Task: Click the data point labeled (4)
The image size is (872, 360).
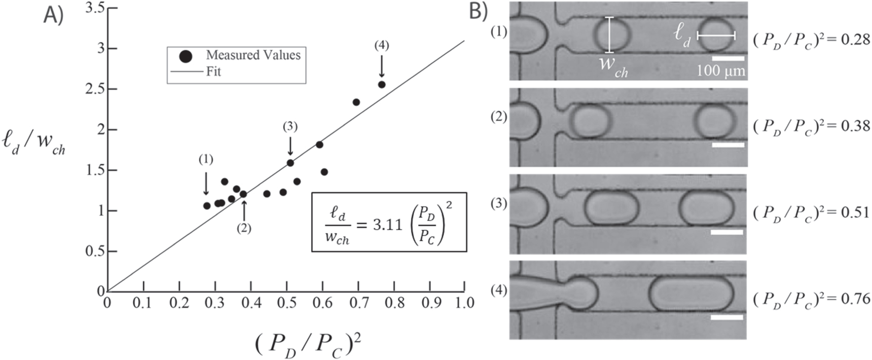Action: tap(382, 85)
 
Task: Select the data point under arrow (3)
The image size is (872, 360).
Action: tap(290, 163)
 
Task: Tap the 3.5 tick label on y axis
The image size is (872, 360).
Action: tap(95, 9)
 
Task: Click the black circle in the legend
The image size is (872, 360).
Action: tap(186, 56)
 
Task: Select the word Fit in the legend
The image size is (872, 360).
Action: tap(213, 71)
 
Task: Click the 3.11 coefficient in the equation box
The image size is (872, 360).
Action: tap(387, 225)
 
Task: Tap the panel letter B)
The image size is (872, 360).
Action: tap(478, 11)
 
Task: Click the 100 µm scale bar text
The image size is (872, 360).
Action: tap(720, 70)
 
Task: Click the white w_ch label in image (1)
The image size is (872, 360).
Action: tap(612, 67)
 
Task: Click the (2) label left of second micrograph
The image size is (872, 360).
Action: tap(499, 118)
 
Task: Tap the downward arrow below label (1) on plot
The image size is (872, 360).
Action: tap(206, 183)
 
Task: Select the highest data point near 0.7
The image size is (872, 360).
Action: tap(356, 102)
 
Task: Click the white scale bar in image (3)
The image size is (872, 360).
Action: tap(727, 232)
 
